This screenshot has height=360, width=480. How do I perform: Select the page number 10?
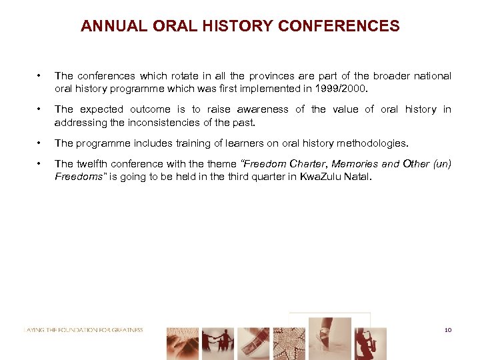(x=447, y=330)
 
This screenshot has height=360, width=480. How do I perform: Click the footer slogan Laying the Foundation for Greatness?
(x=83, y=329)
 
